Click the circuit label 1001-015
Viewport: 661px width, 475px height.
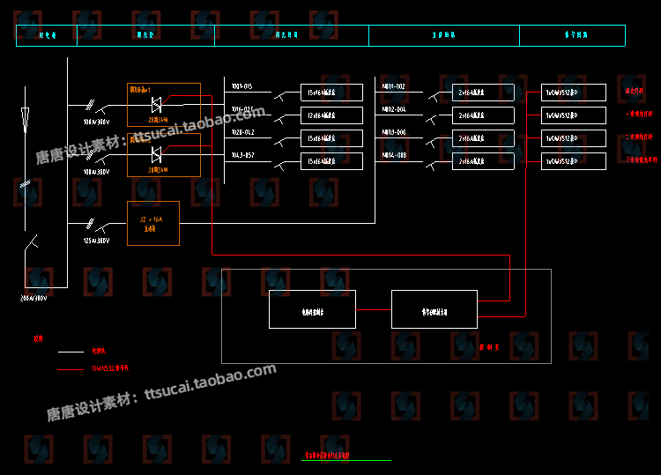[241, 86]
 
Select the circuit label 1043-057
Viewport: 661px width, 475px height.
[242, 155]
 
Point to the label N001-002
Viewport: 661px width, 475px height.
[393, 86]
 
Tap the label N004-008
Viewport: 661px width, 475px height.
[394, 155]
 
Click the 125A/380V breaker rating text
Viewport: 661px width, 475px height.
[96, 240]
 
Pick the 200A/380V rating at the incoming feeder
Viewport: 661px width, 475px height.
[33, 298]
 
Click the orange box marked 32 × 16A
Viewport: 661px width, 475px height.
[152, 223]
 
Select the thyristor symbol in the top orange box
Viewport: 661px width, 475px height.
[156, 105]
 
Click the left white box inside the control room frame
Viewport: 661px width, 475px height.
[312, 309]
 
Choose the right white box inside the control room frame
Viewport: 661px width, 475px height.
[434, 309]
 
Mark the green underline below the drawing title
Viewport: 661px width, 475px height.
[345, 460]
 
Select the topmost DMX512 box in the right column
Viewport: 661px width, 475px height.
[573, 93]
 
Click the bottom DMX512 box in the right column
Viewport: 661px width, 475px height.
[573, 161]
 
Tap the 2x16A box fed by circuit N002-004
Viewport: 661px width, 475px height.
[483, 115]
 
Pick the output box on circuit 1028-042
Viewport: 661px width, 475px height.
[331, 138]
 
